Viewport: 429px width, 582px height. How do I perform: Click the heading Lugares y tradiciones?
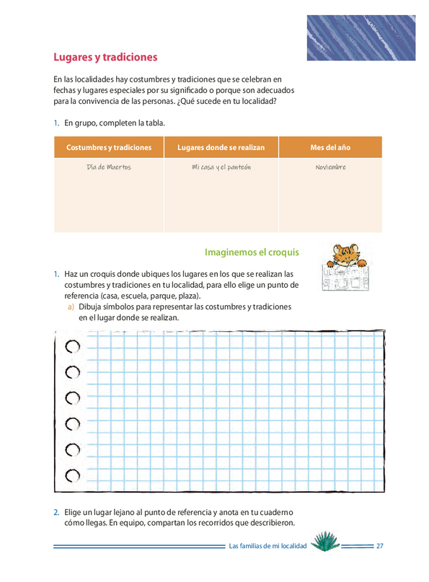(x=105, y=57)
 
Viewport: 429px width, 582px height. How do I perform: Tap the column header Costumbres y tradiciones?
(x=109, y=147)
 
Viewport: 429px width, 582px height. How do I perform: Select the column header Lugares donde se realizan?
(x=221, y=147)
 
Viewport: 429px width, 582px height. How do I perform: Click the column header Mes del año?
(x=330, y=147)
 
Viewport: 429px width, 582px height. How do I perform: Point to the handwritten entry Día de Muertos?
(x=109, y=167)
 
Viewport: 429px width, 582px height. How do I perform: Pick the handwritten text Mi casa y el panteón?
(x=221, y=167)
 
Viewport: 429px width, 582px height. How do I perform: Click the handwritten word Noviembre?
(x=330, y=167)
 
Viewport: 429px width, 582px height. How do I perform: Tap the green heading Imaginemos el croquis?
(x=252, y=252)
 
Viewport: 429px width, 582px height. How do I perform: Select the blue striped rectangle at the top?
(x=361, y=38)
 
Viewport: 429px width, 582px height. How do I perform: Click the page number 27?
(x=380, y=546)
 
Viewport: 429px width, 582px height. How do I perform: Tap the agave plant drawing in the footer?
(x=325, y=541)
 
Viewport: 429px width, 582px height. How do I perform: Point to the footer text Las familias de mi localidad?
(x=267, y=546)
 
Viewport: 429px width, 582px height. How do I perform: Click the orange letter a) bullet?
(x=71, y=307)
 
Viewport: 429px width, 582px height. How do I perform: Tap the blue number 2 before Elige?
(x=56, y=513)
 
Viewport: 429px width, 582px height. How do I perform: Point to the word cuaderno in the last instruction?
(x=276, y=513)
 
